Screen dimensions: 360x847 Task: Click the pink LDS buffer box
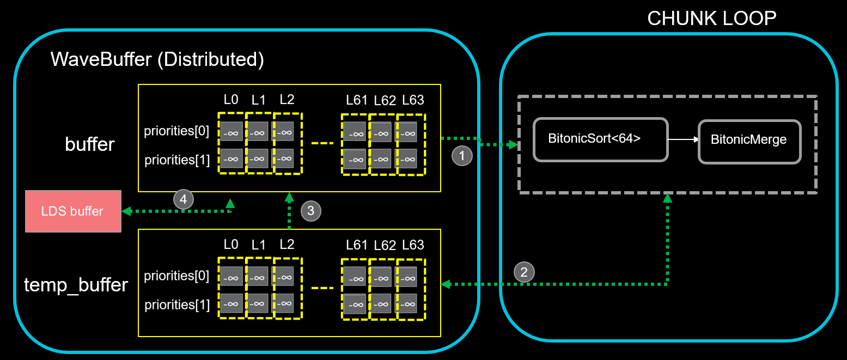(73, 211)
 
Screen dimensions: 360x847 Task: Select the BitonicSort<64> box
(600, 139)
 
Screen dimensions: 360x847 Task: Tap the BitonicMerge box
(749, 141)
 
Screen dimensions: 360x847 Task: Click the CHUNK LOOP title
(711, 19)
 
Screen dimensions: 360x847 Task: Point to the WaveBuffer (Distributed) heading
(157, 59)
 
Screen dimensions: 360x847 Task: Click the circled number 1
(462, 156)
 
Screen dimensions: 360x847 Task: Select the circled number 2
(523, 272)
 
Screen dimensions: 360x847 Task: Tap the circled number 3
(310, 211)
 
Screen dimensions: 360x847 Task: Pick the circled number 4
(184, 200)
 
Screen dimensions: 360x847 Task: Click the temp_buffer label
(76, 285)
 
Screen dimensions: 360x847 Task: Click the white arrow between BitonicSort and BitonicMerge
(683, 139)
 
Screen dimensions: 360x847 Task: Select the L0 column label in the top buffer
(231, 100)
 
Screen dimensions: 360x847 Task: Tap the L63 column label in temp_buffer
(413, 245)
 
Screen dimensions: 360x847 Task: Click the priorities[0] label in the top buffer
(176, 132)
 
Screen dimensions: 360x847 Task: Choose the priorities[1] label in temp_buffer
(176, 304)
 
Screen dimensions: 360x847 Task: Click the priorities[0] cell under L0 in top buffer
(231, 131)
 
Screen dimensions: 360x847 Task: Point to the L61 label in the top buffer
(356, 100)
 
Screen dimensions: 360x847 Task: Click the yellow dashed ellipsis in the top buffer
(321, 144)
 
